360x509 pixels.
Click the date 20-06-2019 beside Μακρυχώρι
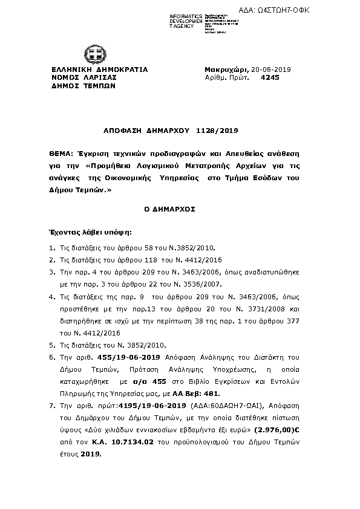pyautogui.click(x=272, y=70)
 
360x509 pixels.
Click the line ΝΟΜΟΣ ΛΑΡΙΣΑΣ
pyautogui.click(x=83, y=78)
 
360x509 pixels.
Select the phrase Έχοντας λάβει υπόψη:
pyautogui.click(x=81, y=231)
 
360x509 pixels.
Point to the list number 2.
pyautogui.click(x=53, y=260)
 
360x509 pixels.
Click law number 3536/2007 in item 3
pyautogui.click(x=223, y=284)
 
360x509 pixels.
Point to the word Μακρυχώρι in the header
pyautogui.click(x=224, y=70)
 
